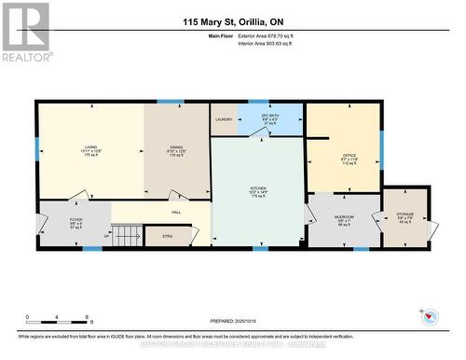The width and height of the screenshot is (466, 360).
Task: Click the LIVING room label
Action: tap(90, 147)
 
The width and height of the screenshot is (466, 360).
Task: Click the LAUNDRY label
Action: tap(224, 119)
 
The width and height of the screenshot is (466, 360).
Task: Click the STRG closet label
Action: tap(168, 236)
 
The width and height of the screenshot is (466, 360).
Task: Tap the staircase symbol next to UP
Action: tap(130, 235)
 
